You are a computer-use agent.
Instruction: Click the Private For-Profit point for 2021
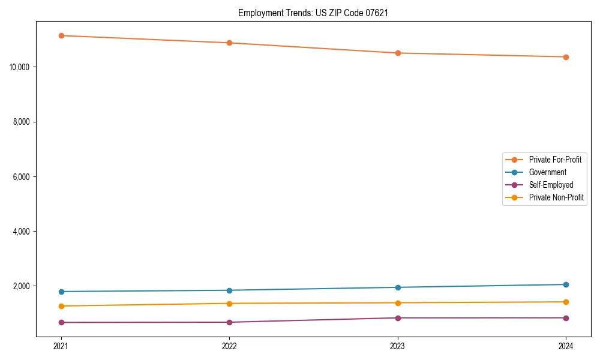[61, 35]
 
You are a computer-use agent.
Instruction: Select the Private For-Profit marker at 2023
[398, 53]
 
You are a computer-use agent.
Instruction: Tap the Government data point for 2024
[566, 284]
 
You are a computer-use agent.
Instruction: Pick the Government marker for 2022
[229, 290]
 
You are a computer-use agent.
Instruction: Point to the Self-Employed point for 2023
[398, 318]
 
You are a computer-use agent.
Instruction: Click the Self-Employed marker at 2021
[61, 322]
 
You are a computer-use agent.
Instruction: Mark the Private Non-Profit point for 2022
[229, 303]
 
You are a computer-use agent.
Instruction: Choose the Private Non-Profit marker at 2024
[566, 302]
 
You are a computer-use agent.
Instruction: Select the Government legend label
[547, 172]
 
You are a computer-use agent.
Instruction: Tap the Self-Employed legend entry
[551, 185]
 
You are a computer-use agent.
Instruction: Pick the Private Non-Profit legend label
[556, 197]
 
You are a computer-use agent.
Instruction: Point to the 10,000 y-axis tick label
[21, 67]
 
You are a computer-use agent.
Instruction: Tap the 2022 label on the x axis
[229, 346]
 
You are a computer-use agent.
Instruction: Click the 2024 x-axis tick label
[566, 346]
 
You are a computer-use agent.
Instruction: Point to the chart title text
[313, 13]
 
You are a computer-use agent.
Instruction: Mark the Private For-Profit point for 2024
[566, 57]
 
